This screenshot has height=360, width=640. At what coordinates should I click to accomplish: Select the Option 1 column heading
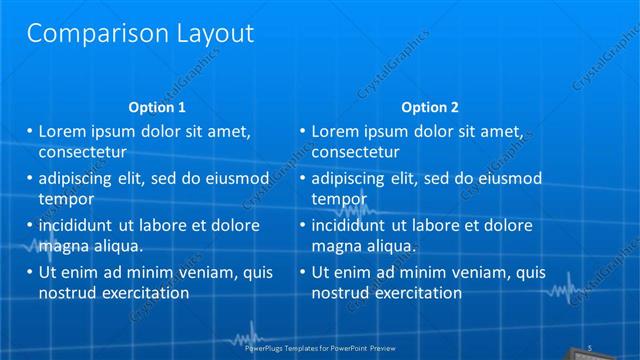[x=158, y=107]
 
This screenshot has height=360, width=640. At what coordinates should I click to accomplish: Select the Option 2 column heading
[x=430, y=107]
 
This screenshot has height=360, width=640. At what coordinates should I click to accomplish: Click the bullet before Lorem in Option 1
[x=30, y=131]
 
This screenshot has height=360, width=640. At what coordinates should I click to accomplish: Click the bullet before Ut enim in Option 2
[x=303, y=272]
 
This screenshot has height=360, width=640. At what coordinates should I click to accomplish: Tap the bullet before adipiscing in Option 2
[x=303, y=179]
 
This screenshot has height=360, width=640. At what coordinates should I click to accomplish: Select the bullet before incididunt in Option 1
[x=30, y=226]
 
